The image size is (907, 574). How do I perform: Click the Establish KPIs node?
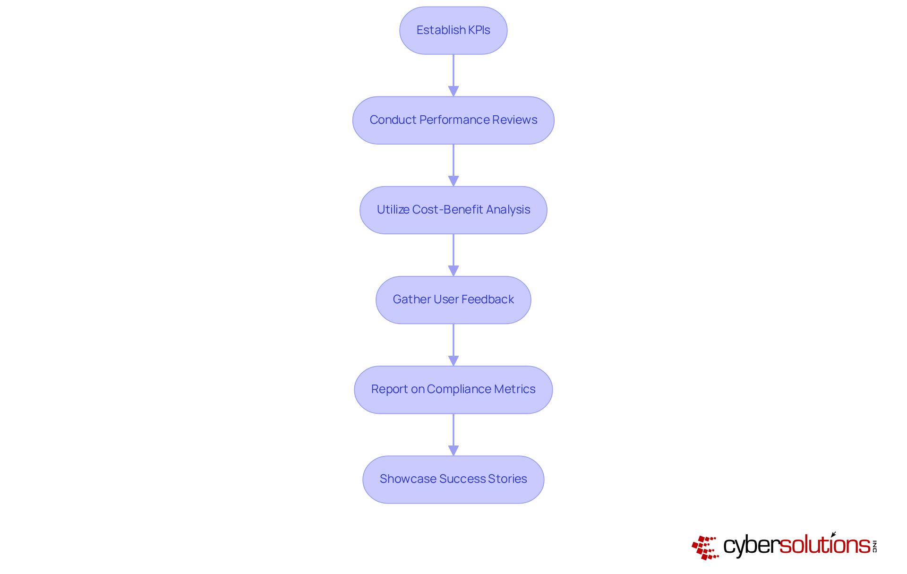point(453,30)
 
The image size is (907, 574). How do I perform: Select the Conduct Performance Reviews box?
point(453,120)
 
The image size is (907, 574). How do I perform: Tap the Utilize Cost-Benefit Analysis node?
point(453,210)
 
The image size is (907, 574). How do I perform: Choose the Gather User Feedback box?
point(453,300)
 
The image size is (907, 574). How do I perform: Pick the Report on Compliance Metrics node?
point(453,389)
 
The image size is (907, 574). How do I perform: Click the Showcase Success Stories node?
point(453,479)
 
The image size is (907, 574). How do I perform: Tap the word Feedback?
point(488,300)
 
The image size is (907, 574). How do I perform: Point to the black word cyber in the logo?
point(751,546)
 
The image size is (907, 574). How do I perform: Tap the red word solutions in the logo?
point(824,545)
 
